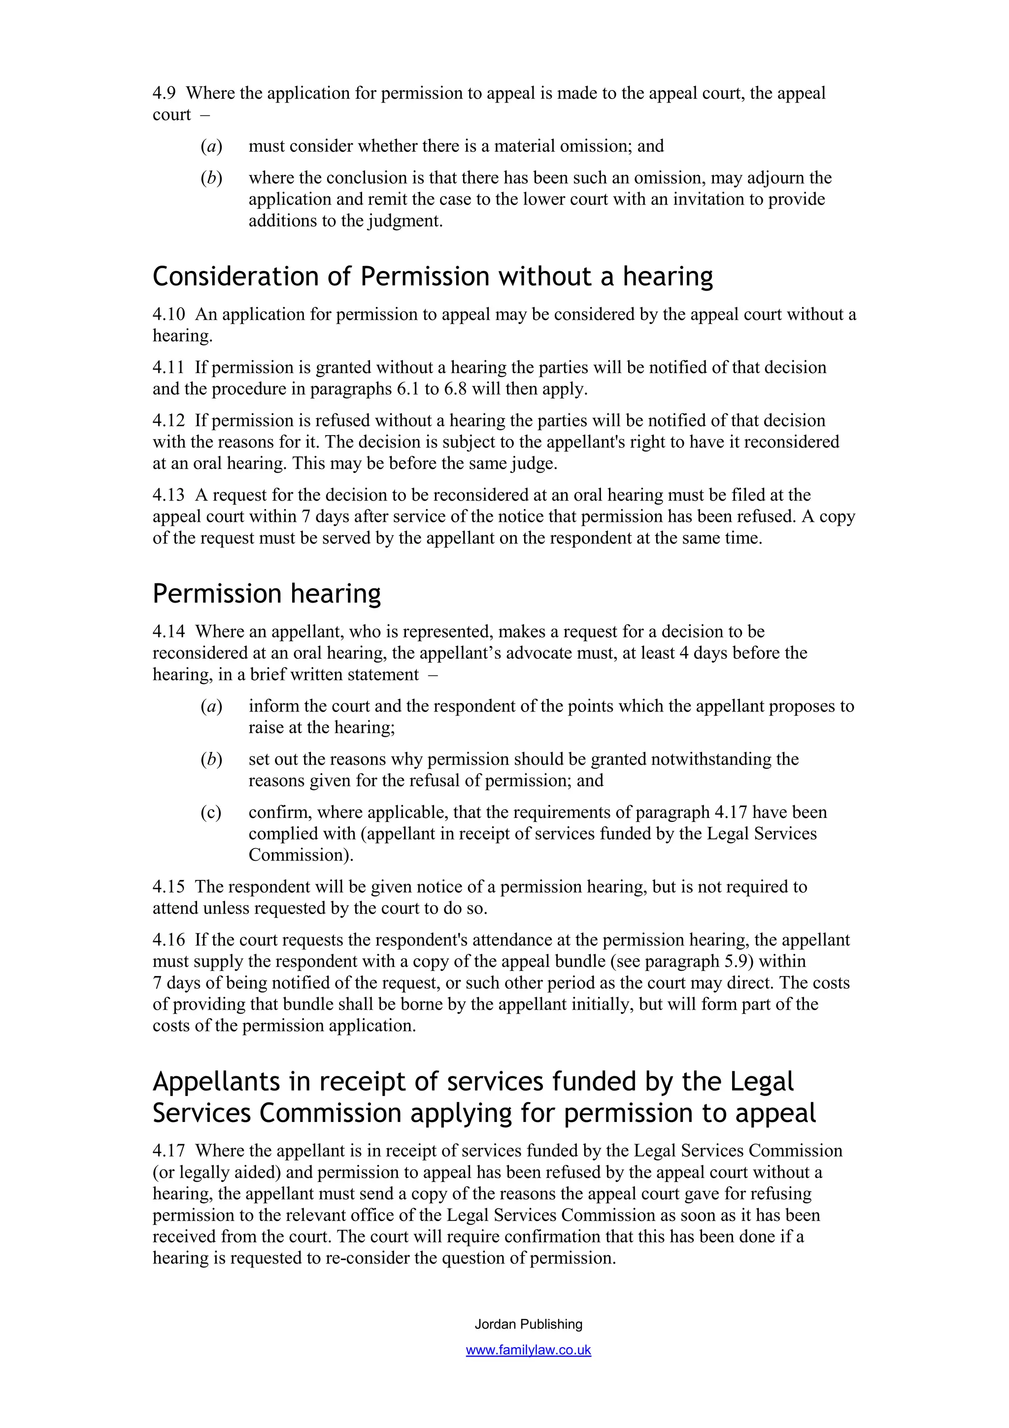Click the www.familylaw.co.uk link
[x=529, y=1350]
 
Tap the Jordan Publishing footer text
[x=529, y=1324]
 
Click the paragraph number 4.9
[x=164, y=93]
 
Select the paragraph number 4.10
[x=168, y=315]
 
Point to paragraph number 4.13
[x=168, y=495]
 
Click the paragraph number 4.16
[x=168, y=940]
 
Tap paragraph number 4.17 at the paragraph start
[x=168, y=1151]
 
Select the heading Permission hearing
[x=267, y=594]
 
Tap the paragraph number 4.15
[x=168, y=887]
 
